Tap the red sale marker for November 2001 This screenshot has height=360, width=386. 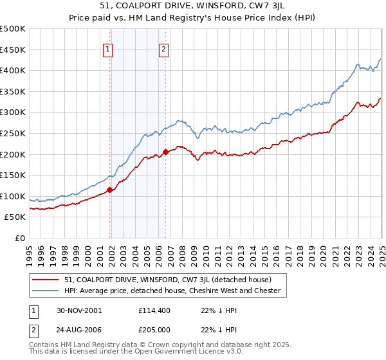coord(110,190)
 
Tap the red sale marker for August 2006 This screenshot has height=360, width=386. coord(165,152)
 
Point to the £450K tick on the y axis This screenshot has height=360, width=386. coord(13,50)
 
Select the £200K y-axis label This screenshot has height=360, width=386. coord(13,154)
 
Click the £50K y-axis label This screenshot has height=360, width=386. coord(15,217)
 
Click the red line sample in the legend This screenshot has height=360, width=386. coord(46,280)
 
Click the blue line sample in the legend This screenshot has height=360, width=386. coord(46,291)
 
